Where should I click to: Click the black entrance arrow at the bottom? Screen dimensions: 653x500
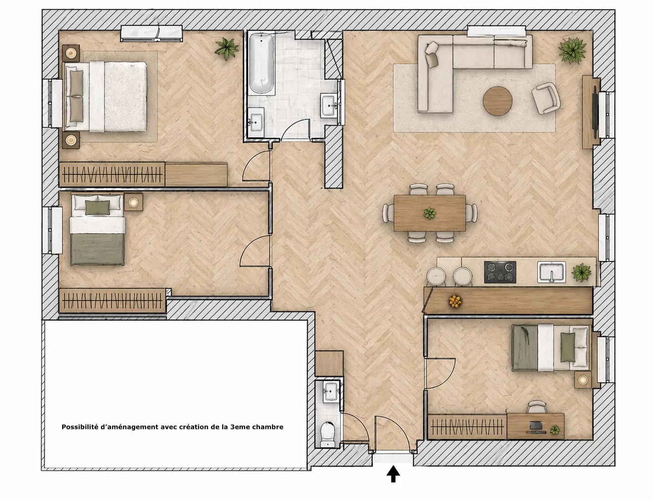tap(393, 474)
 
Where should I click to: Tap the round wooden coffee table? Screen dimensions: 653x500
tap(497, 101)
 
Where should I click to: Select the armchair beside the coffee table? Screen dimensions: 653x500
tap(546, 98)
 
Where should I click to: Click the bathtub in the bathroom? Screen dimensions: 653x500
tap(262, 64)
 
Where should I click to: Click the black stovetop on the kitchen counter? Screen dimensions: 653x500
tap(500, 272)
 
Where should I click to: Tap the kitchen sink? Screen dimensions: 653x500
tap(551, 272)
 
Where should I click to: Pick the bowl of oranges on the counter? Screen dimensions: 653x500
tap(455, 301)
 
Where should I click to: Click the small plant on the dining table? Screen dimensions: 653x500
tap(429, 213)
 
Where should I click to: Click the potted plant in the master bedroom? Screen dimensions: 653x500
tap(227, 49)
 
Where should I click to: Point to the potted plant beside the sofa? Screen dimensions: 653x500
tap(572, 51)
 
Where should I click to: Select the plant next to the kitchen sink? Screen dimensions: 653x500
tap(582, 272)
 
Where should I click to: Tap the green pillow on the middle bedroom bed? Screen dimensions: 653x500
tap(98, 208)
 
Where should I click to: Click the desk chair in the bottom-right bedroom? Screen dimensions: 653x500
tap(537, 408)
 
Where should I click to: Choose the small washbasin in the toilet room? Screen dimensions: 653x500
tap(330, 391)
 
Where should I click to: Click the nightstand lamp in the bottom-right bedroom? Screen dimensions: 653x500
tap(583, 380)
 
